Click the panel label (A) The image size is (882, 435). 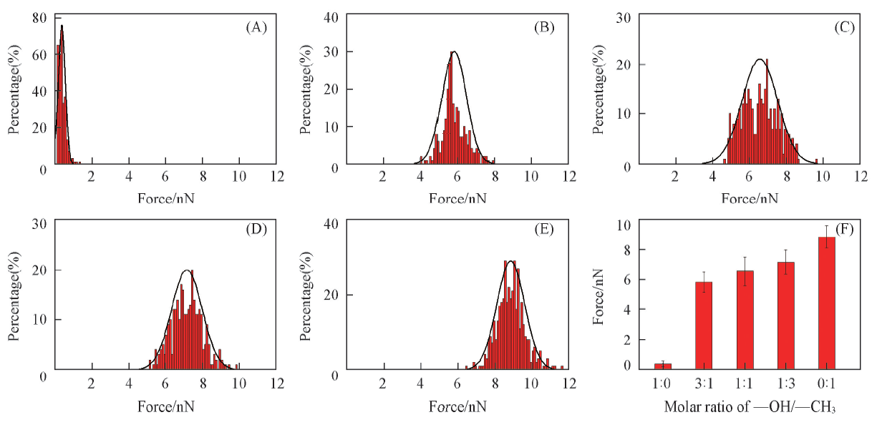click(256, 27)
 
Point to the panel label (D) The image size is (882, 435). click(256, 230)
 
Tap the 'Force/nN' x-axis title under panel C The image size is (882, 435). click(749, 197)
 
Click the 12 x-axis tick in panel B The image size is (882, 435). click(568, 177)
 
